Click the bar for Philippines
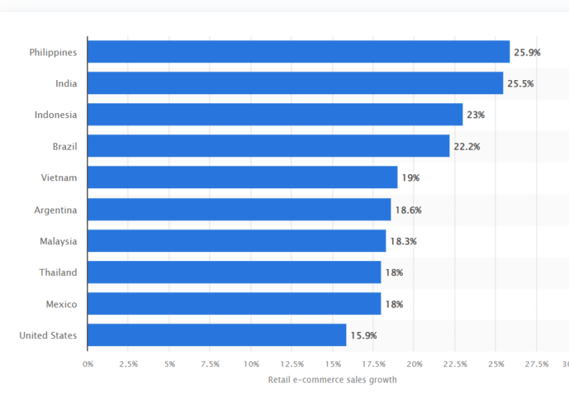tap(299, 52)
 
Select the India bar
tap(295, 84)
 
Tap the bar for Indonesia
tap(275, 114)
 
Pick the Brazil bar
tap(268, 146)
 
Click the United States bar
tap(217, 335)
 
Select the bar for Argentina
tap(239, 209)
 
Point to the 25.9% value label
tap(528, 52)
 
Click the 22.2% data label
tap(466, 146)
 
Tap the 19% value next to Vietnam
tap(410, 178)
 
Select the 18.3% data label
tap(403, 241)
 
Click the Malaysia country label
tap(58, 241)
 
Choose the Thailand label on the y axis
tap(58, 272)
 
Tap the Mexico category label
tap(61, 304)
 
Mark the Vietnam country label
tap(59, 178)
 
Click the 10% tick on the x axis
tap(251, 364)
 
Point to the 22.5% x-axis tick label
tap(454, 364)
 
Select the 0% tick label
tap(88, 364)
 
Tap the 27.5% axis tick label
tap(536, 364)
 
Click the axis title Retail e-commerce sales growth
tap(332, 380)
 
